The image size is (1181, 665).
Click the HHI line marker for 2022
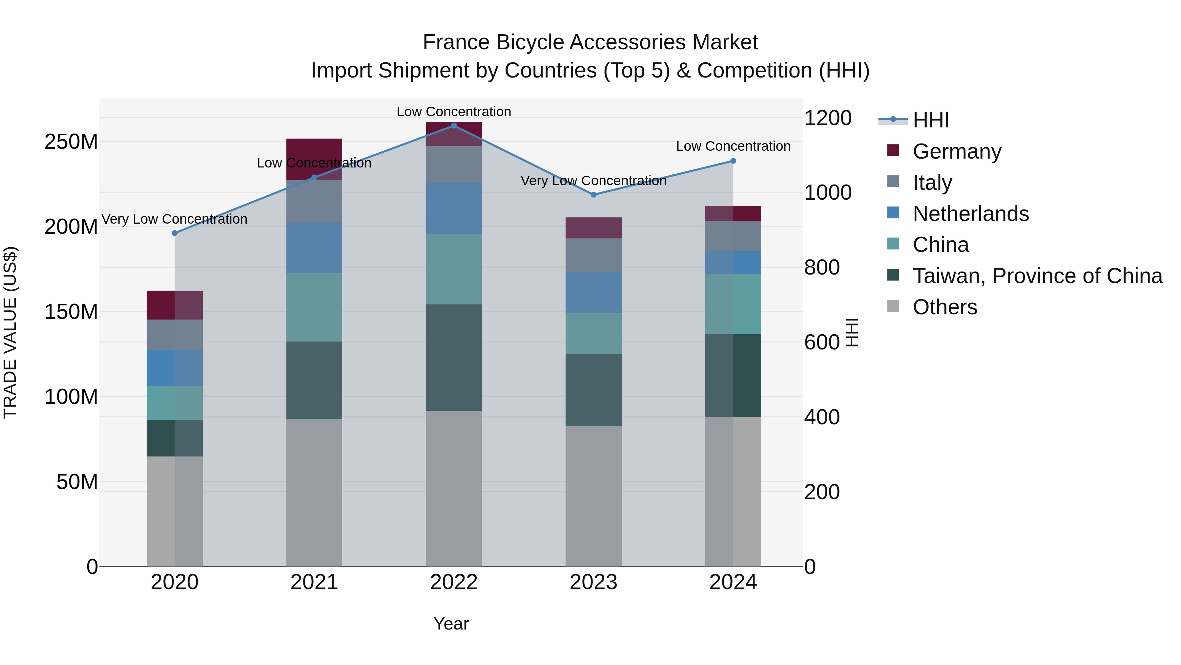454,126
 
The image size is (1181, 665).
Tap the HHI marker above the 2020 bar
175,233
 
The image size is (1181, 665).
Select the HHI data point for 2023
594,195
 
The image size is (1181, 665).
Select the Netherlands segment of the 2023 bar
594,292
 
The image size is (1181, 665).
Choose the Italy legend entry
932,183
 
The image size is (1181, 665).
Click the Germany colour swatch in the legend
893,150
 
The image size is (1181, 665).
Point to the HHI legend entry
931,120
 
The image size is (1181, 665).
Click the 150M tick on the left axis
71,312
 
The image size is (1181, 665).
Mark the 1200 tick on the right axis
828,118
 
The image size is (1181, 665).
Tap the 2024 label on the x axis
733,582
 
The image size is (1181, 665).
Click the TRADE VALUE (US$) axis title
10,332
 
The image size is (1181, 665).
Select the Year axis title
451,624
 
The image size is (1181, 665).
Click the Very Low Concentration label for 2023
594,181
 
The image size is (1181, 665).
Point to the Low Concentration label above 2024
733,146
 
